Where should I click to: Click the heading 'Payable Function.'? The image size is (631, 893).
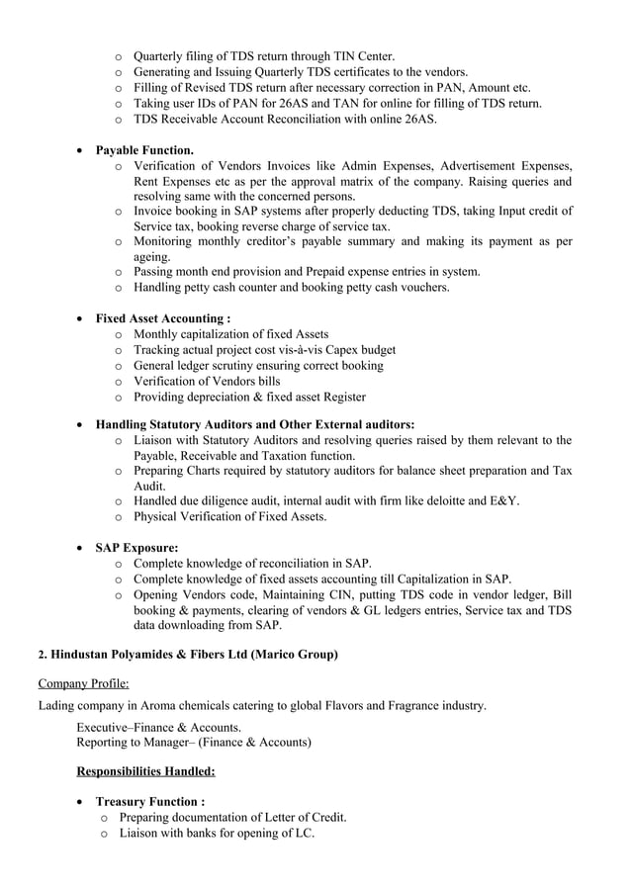[144, 149]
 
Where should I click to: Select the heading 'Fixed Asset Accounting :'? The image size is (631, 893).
[163, 318]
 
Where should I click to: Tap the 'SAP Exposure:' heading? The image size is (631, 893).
[136, 547]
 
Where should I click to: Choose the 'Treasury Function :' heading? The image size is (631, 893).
[150, 801]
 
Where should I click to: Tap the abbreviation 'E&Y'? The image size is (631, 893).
[502, 500]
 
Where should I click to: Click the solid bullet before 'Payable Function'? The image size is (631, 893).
[80, 150]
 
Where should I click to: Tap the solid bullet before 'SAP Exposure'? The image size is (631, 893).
[80, 548]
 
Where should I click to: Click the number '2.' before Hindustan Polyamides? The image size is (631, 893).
[42, 655]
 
